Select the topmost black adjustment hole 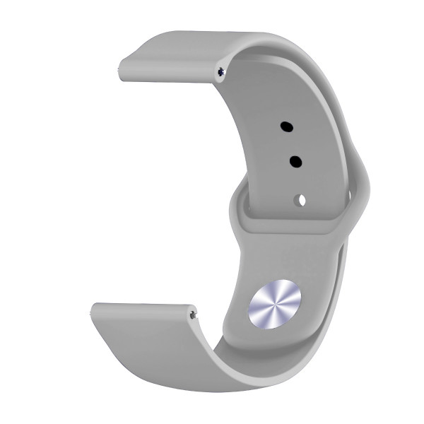(x=287, y=127)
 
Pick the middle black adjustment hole (x=295, y=162)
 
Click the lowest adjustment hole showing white (x=301, y=199)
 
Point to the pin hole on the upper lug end (x=224, y=71)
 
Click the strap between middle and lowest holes (x=298, y=181)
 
